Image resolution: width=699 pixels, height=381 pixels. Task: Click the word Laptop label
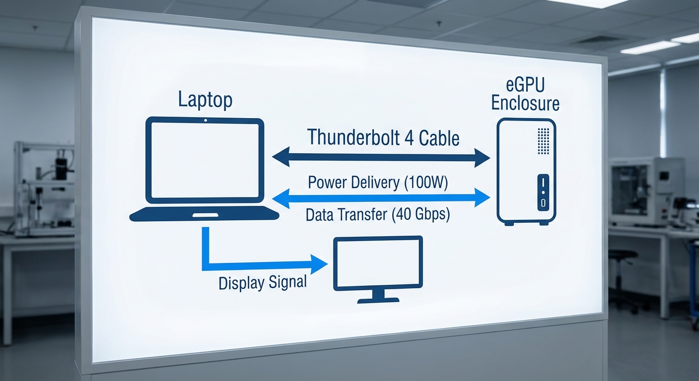(x=205, y=101)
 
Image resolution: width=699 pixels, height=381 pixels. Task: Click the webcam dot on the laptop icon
(x=205, y=121)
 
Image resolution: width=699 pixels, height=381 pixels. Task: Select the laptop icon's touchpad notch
(x=205, y=215)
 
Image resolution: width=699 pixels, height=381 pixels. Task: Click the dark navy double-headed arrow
(x=381, y=157)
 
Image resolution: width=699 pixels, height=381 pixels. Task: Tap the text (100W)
(x=425, y=183)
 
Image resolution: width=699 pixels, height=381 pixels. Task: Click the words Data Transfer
(x=346, y=215)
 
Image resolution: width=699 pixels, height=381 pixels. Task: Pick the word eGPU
(x=525, y=85)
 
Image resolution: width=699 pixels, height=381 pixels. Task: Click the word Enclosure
(x=525, y=104)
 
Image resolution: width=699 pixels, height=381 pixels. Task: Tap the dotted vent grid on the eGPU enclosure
(x=544, y=140)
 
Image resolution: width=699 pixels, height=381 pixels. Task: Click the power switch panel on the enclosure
(x=543, y=192)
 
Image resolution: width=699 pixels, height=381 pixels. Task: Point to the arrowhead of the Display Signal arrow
(x=319, y=263)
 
